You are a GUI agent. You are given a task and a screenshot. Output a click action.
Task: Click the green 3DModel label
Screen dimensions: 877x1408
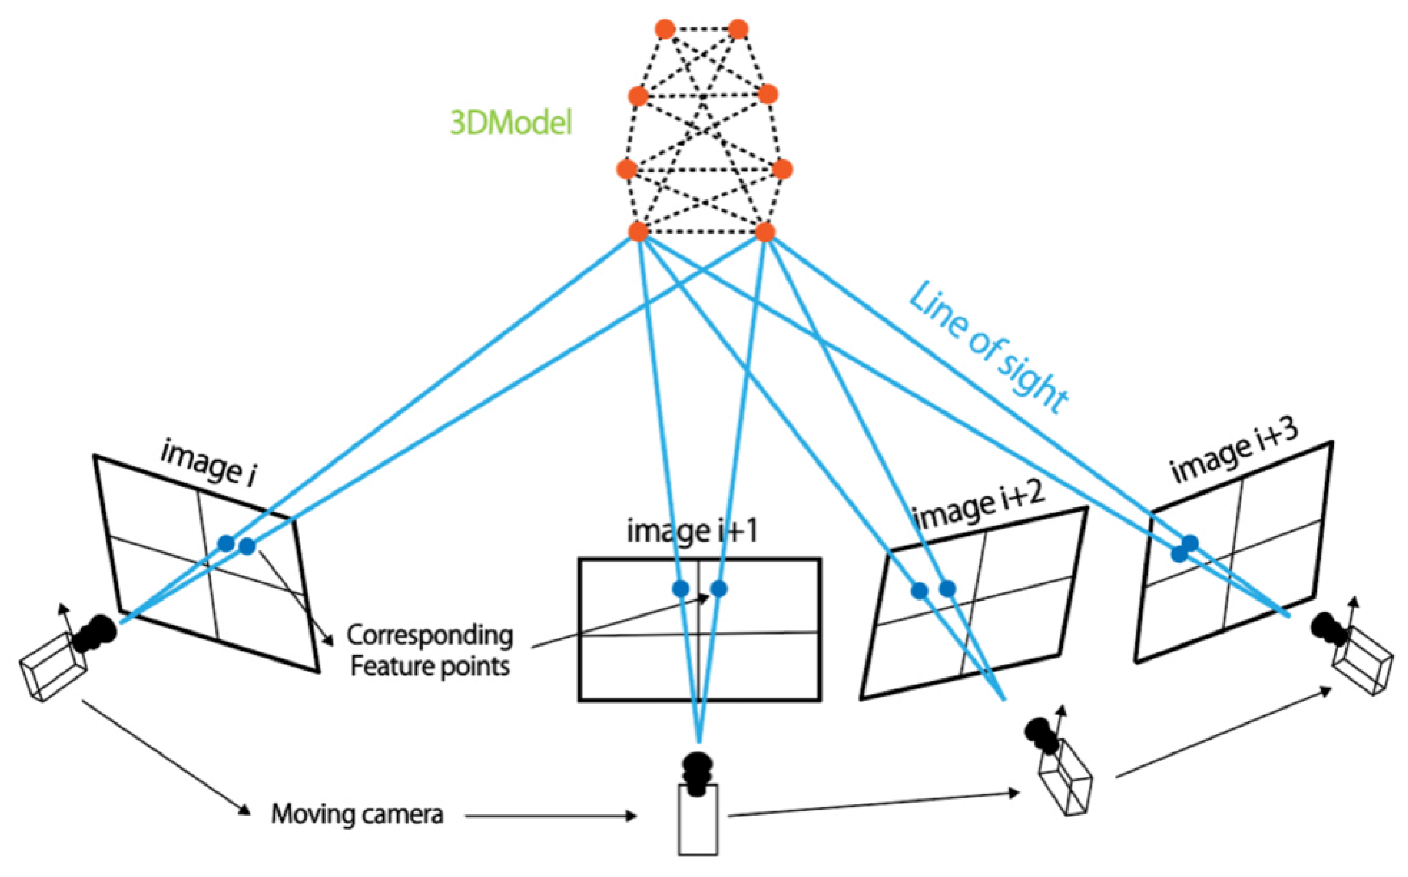tap(511, 123)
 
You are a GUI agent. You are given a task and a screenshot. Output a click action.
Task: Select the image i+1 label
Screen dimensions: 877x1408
tap(692, 531)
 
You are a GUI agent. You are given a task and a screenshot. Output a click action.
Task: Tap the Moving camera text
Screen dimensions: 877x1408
tap(357, 814)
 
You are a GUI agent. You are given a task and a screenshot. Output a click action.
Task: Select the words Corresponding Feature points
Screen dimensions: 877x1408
tap(430, 651)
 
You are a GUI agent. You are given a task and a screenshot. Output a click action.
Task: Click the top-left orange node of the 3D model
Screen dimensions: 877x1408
tap(664, 28)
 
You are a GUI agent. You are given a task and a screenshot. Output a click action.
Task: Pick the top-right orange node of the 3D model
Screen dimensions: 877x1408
tap(738, 28)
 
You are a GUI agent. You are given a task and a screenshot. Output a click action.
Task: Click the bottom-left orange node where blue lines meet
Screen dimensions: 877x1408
tap(638, 232)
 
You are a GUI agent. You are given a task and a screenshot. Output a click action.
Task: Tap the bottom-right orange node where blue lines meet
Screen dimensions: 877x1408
tap(765, 233)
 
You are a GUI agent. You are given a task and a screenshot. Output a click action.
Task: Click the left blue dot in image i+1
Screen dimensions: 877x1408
tap(681, 589)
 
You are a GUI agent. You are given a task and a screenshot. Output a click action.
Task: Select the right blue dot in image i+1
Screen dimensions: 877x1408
tap(719, 589)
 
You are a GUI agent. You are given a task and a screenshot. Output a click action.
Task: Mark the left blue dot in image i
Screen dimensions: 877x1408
tap(226, 544)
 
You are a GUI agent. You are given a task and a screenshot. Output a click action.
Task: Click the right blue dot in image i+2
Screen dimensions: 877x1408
tap(948, 589)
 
